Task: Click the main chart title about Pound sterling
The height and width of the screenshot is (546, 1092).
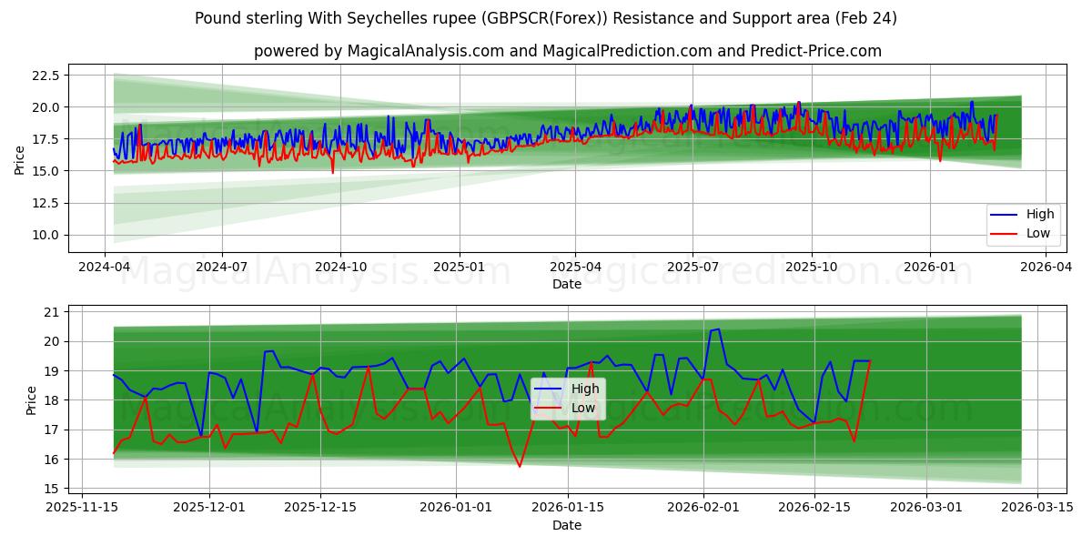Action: (x=545, y=18)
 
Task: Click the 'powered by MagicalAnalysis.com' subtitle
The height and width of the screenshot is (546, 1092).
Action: (x=567, y=51)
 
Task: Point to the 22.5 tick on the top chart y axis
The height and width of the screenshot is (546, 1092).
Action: (x=45, y=76)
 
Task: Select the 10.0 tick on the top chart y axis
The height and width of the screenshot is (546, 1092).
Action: (x=45, y=235)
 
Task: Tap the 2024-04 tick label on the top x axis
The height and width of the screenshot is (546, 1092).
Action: (x=105, y=268)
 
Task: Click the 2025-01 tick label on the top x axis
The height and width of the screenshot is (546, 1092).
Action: (x=459, y=268)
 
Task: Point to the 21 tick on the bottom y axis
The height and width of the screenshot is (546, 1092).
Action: (x=51, y=312)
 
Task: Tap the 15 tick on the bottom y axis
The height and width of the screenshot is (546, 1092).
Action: (x=51, y=489)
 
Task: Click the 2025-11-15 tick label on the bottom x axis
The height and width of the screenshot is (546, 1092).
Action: (x=83, y=508)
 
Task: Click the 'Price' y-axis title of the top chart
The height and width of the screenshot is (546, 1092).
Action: (x=20, y=160)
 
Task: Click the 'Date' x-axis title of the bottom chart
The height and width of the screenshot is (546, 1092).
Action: (x=567, y=525)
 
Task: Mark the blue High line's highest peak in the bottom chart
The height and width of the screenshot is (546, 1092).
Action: (x=718, y=329)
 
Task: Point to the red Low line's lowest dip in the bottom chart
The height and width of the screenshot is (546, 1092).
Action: (x=520, y=467)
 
